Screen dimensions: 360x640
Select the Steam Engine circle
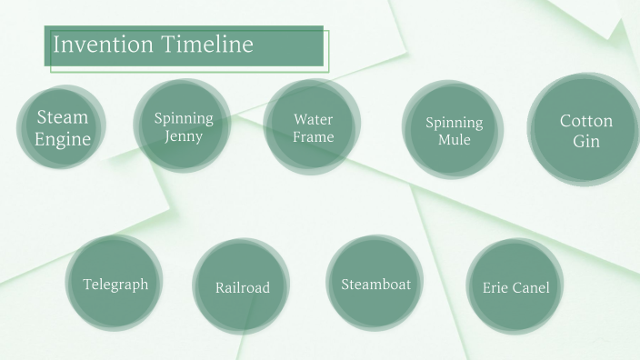[x=63, y=128]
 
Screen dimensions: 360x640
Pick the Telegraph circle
[x=115, y=285]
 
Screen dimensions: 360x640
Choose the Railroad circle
[x=242, y=287]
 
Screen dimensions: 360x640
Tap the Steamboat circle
[x=375, y=285]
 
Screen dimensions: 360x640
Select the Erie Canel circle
[x=515, y=287]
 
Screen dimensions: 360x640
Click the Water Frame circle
[x=313, y=128]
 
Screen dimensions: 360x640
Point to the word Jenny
[x=184, y=137]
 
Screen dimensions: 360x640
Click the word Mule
[x=454, y=140]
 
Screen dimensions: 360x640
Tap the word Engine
[x=63, y=139]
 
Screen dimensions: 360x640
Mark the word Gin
[x=586, y=142]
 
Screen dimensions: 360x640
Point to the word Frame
[x=313, y=137]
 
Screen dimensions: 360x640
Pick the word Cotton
[x=586, y=121]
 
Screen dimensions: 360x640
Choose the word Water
[x=313, y=119]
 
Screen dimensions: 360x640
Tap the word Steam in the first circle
[x=63, y=117]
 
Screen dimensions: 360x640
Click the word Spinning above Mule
[x=454, y=123]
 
